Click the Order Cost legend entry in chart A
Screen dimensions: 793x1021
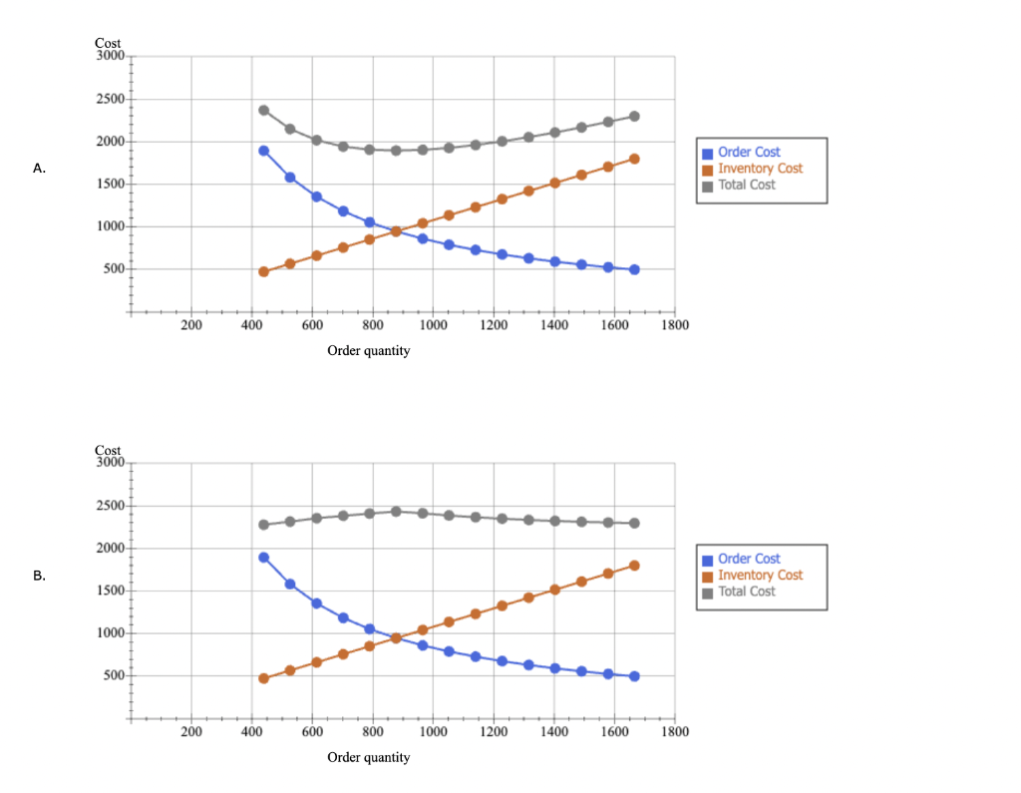tap(748, 153)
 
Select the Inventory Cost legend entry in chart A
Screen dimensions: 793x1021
tap(759, 169)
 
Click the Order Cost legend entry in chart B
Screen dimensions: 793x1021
tap(748, 560)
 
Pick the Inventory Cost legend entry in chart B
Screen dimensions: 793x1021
tap(759, 576)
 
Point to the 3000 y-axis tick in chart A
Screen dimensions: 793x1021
tap(109, 56)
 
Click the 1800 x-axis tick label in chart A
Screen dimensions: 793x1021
tap(675, 325)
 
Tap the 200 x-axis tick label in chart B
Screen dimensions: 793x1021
tap(191, 732)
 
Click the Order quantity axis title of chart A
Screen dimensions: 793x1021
tap(368, 351)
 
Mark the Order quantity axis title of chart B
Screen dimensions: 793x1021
tap(368, 758)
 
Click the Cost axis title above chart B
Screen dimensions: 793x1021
tap(108, 451)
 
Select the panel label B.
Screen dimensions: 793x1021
tap(39, 577)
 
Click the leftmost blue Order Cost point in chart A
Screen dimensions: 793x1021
tap(264, 151)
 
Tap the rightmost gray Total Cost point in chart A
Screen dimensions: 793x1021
tap(634, 117)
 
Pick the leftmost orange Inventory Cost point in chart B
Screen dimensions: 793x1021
tap(264, 678)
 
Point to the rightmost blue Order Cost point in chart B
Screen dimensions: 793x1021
tap(634, 676)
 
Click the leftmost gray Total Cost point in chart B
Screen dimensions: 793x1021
tap(264, 525)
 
